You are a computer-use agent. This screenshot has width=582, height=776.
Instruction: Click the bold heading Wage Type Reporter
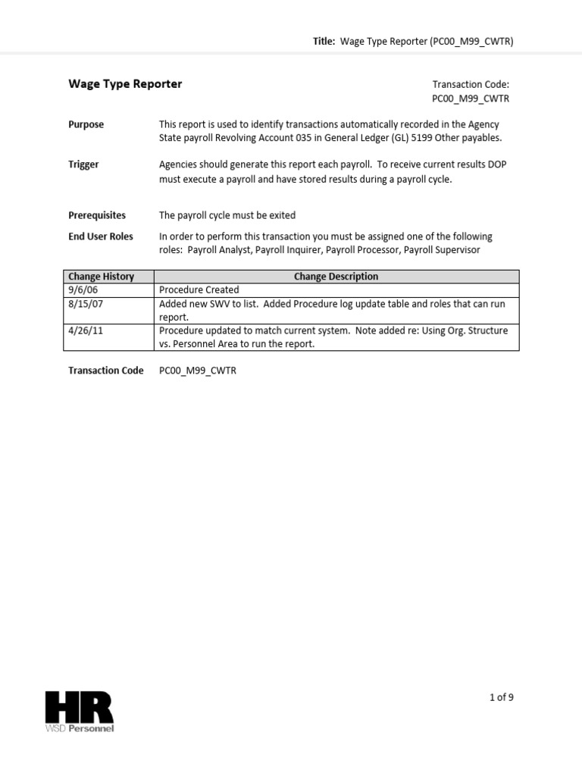[125, 84]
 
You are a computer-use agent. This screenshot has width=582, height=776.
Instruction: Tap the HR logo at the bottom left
[79, 708]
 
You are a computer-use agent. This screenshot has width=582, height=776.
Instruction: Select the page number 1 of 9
[501, 698]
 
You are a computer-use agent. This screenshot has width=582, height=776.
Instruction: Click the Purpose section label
[86, 124]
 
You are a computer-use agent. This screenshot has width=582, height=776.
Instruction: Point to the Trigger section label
[83, 164]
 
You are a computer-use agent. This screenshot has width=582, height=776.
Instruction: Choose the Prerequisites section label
[97, 215]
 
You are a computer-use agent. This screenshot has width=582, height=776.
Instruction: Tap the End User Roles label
[100, 236]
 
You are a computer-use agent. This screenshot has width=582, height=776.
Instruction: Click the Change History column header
[101, 277]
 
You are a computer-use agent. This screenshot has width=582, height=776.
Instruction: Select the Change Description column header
[336, 277]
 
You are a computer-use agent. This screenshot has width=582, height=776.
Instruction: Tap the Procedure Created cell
[199, 289]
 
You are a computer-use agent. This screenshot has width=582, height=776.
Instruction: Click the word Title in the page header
[324, 42]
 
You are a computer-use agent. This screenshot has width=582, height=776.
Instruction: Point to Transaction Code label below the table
[105, 371]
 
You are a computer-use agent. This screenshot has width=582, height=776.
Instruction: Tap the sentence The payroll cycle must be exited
[227, 215]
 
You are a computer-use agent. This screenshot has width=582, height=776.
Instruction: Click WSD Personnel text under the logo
[80, 729]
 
